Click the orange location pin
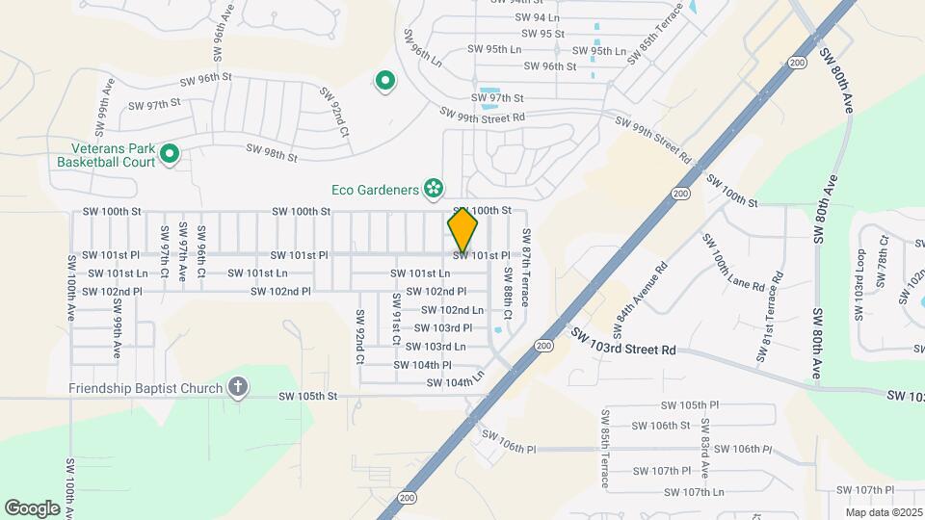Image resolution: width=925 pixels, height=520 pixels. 462,229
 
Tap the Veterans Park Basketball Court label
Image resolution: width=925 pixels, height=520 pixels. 113,156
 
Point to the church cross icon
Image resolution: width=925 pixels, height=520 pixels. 238,388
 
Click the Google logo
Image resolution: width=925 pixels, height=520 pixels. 32,507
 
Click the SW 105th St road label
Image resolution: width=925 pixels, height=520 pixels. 308,396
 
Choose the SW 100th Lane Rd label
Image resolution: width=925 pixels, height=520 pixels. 732,262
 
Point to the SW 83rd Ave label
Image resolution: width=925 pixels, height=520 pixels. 705,448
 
